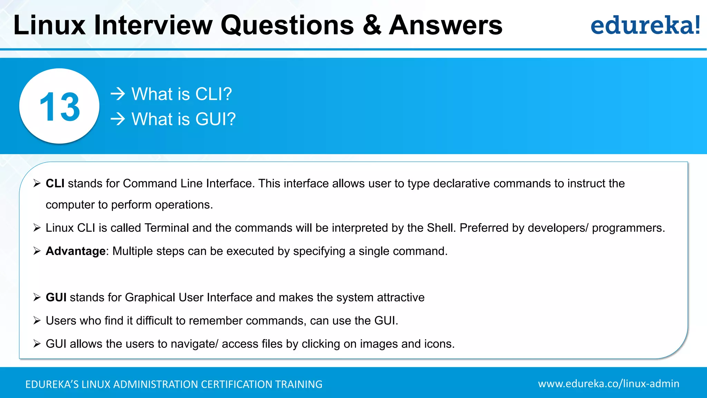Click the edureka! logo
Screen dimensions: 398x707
[x=645, y=25]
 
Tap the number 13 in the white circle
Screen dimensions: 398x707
[x=60, y=107]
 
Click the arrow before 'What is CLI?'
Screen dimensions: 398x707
[x=118, y=94]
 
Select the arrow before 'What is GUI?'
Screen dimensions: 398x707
[x=118, y=119]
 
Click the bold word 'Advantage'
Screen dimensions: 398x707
[x=75, y=251]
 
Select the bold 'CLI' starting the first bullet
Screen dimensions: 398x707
[x=55, y=183]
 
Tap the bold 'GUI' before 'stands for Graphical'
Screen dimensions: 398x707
[x=56, y=297]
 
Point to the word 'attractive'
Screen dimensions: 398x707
[x=400, y=297]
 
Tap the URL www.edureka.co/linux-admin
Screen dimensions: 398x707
[x=608, y=384]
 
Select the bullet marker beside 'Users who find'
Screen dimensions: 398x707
[x=37, y=321]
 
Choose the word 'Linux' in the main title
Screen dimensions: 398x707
[x=49, y=25]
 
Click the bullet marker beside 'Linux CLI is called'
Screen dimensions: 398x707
[x=37, y=228]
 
